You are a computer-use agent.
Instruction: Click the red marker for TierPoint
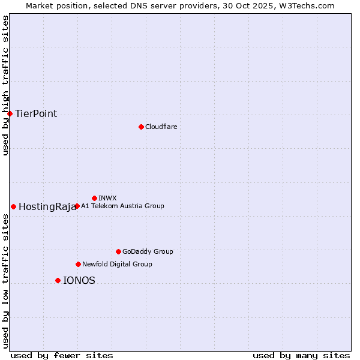tap(10, 113)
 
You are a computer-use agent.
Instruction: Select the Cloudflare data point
tap(141, 127)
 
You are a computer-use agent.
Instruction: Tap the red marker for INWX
tap(94, 198)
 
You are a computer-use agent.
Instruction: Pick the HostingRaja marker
tap(13, 206)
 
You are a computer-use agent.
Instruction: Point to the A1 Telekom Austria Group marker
tap(77, 206)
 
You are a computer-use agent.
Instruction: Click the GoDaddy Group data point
tap(118, 251)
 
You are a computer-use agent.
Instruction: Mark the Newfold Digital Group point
tap(78, 264)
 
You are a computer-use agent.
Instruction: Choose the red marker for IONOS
tap(58, 280)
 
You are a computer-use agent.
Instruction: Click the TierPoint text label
tap(36, 114)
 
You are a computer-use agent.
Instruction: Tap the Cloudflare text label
tap(161, 127)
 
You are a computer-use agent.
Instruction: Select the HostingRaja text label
tap(47, 207)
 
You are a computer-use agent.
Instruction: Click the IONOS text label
tap(79, 281)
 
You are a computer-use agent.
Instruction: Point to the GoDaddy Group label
tap(148, 252)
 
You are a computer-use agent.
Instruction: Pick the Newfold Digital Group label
tap(117, 264)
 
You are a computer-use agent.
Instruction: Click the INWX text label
tap(107, 198)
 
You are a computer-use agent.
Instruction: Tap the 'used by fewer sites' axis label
tap(62, 355)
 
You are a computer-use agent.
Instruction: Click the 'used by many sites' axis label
tap(301, 355)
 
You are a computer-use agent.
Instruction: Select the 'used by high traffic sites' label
tap(5, 85)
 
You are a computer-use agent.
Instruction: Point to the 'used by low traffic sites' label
tap(5, 281)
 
